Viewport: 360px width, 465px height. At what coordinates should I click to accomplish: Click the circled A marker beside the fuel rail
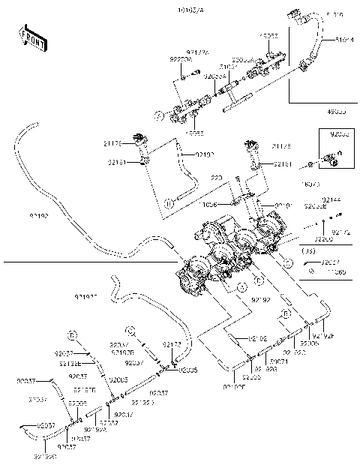[x=158, y=115]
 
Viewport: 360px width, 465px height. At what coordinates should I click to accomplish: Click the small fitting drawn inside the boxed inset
[x=331, y=158]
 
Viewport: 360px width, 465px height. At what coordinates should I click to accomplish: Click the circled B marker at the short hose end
[x=169, y=202]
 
